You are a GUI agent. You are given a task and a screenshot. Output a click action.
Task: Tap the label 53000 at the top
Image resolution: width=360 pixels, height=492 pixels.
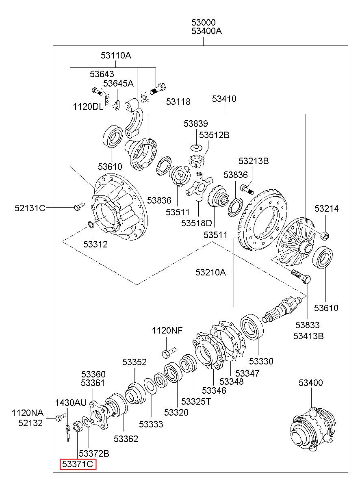(204, 22)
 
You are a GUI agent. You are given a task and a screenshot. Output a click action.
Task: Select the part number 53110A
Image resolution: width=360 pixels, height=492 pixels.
(116, 56)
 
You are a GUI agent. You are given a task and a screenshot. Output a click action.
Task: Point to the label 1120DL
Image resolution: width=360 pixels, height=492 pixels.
(88, 107)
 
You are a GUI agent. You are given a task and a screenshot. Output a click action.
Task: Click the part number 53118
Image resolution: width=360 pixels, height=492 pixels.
(178, 102)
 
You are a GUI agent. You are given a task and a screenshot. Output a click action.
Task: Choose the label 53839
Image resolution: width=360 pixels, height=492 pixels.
(196, 124)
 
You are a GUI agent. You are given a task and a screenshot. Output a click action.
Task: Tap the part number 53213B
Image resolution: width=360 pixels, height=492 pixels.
(254, 161)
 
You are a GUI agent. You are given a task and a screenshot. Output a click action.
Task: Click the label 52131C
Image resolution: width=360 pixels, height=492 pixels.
(30, 208)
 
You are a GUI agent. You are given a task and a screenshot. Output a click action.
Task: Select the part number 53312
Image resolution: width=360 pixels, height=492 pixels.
(95, 244)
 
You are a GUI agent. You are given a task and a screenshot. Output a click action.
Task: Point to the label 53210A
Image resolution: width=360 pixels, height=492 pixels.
(210, 272)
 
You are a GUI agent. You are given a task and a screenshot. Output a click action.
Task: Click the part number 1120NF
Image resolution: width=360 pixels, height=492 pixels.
(167, 330)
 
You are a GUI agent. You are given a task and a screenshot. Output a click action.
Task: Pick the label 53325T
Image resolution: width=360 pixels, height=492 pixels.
(196, 401)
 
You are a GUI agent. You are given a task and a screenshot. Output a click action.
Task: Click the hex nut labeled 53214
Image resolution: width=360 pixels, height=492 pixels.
(325, 236)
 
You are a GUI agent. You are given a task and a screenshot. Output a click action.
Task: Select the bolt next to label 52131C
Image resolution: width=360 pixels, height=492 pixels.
(79, 206)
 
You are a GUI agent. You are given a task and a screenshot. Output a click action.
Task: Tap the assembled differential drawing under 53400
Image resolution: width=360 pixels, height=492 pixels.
(313, 431)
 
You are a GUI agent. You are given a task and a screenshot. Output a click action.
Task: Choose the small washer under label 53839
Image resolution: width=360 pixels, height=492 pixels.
(196, 148)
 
